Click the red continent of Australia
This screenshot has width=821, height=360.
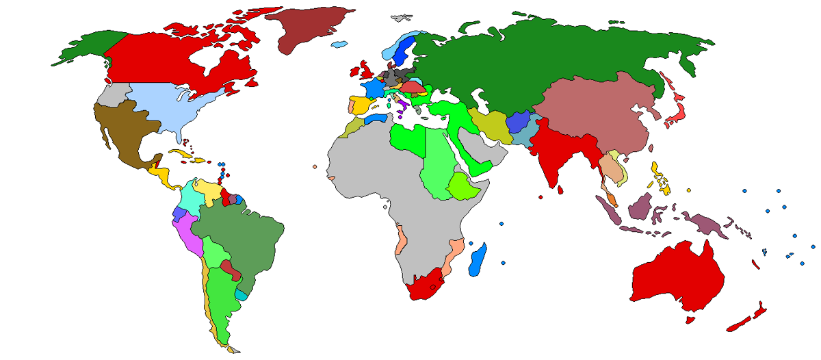(x=677, y=281)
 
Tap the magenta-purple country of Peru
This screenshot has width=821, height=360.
(x=190, y=236)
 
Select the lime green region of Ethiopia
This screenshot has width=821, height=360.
(x=465, y=185)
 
